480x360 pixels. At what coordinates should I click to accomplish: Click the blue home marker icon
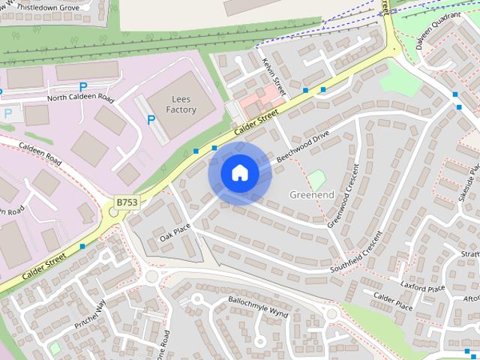click(239, 173)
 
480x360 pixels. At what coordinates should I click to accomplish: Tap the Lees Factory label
click(181, 104)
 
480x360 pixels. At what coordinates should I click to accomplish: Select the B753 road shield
click(127, 202)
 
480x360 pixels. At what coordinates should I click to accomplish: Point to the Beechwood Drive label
click(303, 148)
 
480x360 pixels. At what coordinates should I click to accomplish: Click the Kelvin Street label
click(271, 76)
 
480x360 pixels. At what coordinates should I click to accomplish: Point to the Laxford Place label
click(423, 287)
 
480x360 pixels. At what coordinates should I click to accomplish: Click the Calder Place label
click(393, 305)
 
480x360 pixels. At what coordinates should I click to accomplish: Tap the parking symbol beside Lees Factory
click(151, 118)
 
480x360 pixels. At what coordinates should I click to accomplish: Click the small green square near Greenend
click(317, 179)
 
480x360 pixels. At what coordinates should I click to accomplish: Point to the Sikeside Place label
click(464, 187)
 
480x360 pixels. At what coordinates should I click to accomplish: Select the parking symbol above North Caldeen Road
click(83, 87)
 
